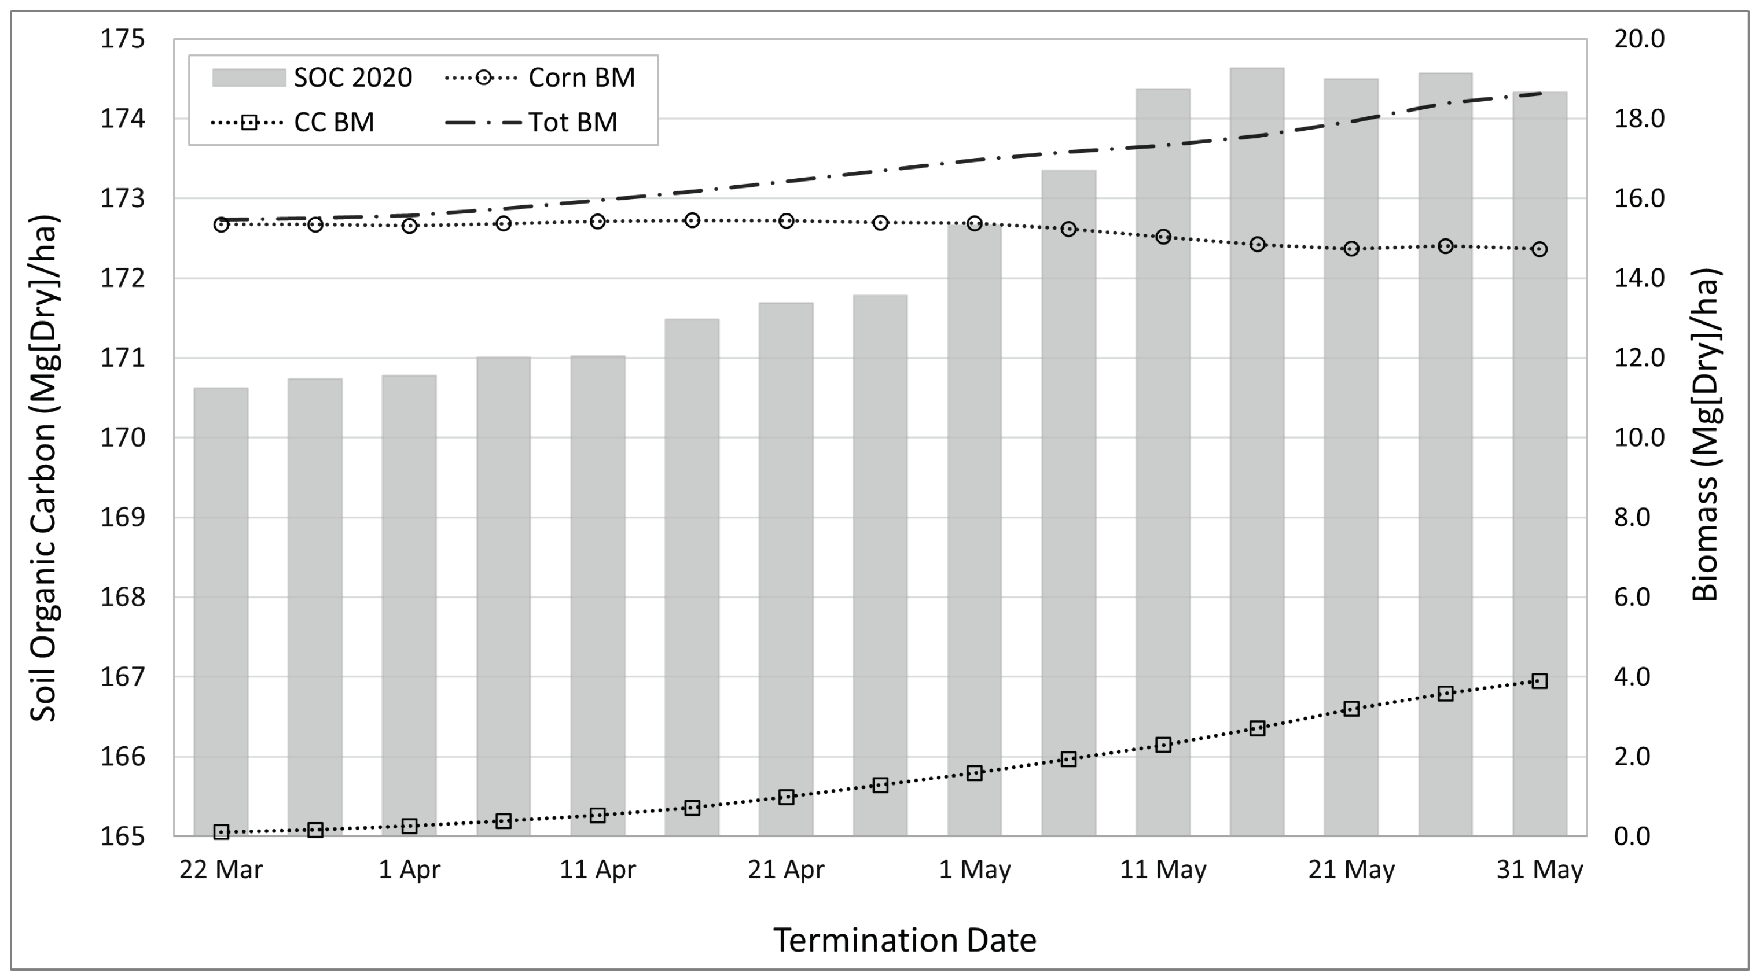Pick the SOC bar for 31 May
[x=1539, y=465]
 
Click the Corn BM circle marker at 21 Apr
[x=787, y=220]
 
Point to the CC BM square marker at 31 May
[x=1539, y=681]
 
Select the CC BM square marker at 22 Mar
[x=221, y=831]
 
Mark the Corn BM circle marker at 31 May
[x=1539, y=249]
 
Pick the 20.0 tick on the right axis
[x=1639, y=39]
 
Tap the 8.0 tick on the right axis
[x=1632, y=517]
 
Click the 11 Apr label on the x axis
[x=598, y=870]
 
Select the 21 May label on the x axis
[x=1351, y=870]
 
